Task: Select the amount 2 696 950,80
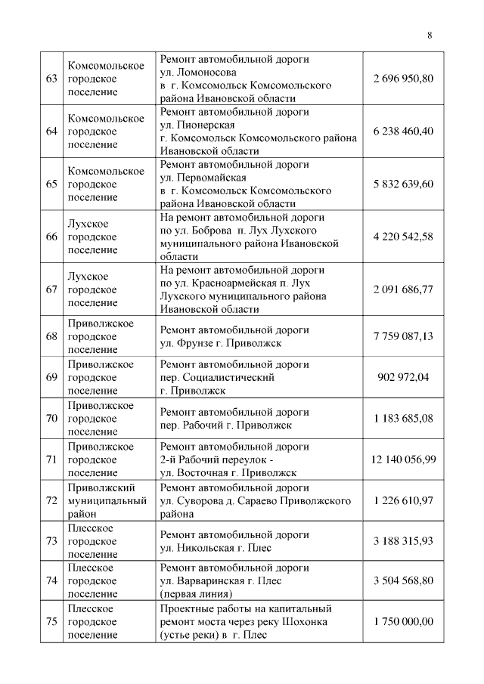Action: pyautogui.click(x=403, y=79)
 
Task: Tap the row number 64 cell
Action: pyautogui.click(x=51, y=131)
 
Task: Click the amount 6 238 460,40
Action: pyautogui.click(x=403, y=131)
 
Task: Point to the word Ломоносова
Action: pyautogui.click(x=200, y=73)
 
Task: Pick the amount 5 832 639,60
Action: pyautogui.click(x=403, y=184)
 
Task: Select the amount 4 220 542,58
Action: pyautogui.click(x=403, y=237)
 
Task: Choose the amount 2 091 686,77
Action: pyautogui.click(x=403, y=289)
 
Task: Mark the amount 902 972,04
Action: pyautogui.click(x=403, y=377)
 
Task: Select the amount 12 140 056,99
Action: pyautogui.click(x=403, y=459)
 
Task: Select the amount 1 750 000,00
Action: pyautogui.click(x=403, y=621)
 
